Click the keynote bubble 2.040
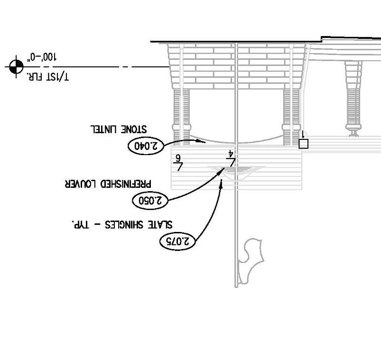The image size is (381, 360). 146,146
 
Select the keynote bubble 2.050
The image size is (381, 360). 150,201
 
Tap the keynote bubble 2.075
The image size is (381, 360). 177,241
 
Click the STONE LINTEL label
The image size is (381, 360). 119,129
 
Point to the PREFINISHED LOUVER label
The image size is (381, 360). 108,183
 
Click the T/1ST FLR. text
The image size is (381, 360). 47,76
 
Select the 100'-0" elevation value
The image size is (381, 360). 42,57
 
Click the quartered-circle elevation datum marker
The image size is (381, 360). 16,67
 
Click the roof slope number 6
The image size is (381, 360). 179,157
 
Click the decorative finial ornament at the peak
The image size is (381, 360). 250,261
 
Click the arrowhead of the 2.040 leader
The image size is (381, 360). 203,142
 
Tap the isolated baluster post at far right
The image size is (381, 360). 353,100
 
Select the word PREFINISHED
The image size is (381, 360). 123,183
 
